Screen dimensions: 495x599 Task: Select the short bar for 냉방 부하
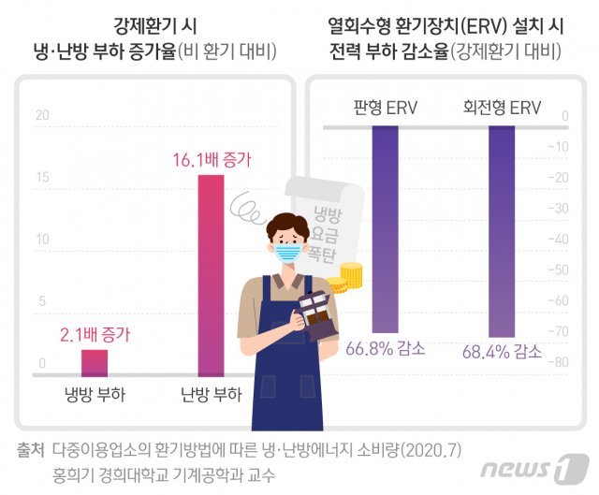[94, 361]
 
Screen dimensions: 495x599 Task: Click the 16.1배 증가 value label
[211, 160]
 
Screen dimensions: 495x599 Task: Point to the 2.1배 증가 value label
[95, 333]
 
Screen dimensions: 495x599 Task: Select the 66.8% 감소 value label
[385, 349]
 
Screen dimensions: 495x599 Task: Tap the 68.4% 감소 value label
[502, 352]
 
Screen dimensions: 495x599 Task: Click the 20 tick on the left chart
[40, 116]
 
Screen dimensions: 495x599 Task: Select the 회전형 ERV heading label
[502, 108]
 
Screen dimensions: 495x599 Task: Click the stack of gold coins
[350, 276]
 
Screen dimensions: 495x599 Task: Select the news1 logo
[534, 468]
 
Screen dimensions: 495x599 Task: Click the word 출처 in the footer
[30, 450]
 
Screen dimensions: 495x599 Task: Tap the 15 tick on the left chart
[40, 178]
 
